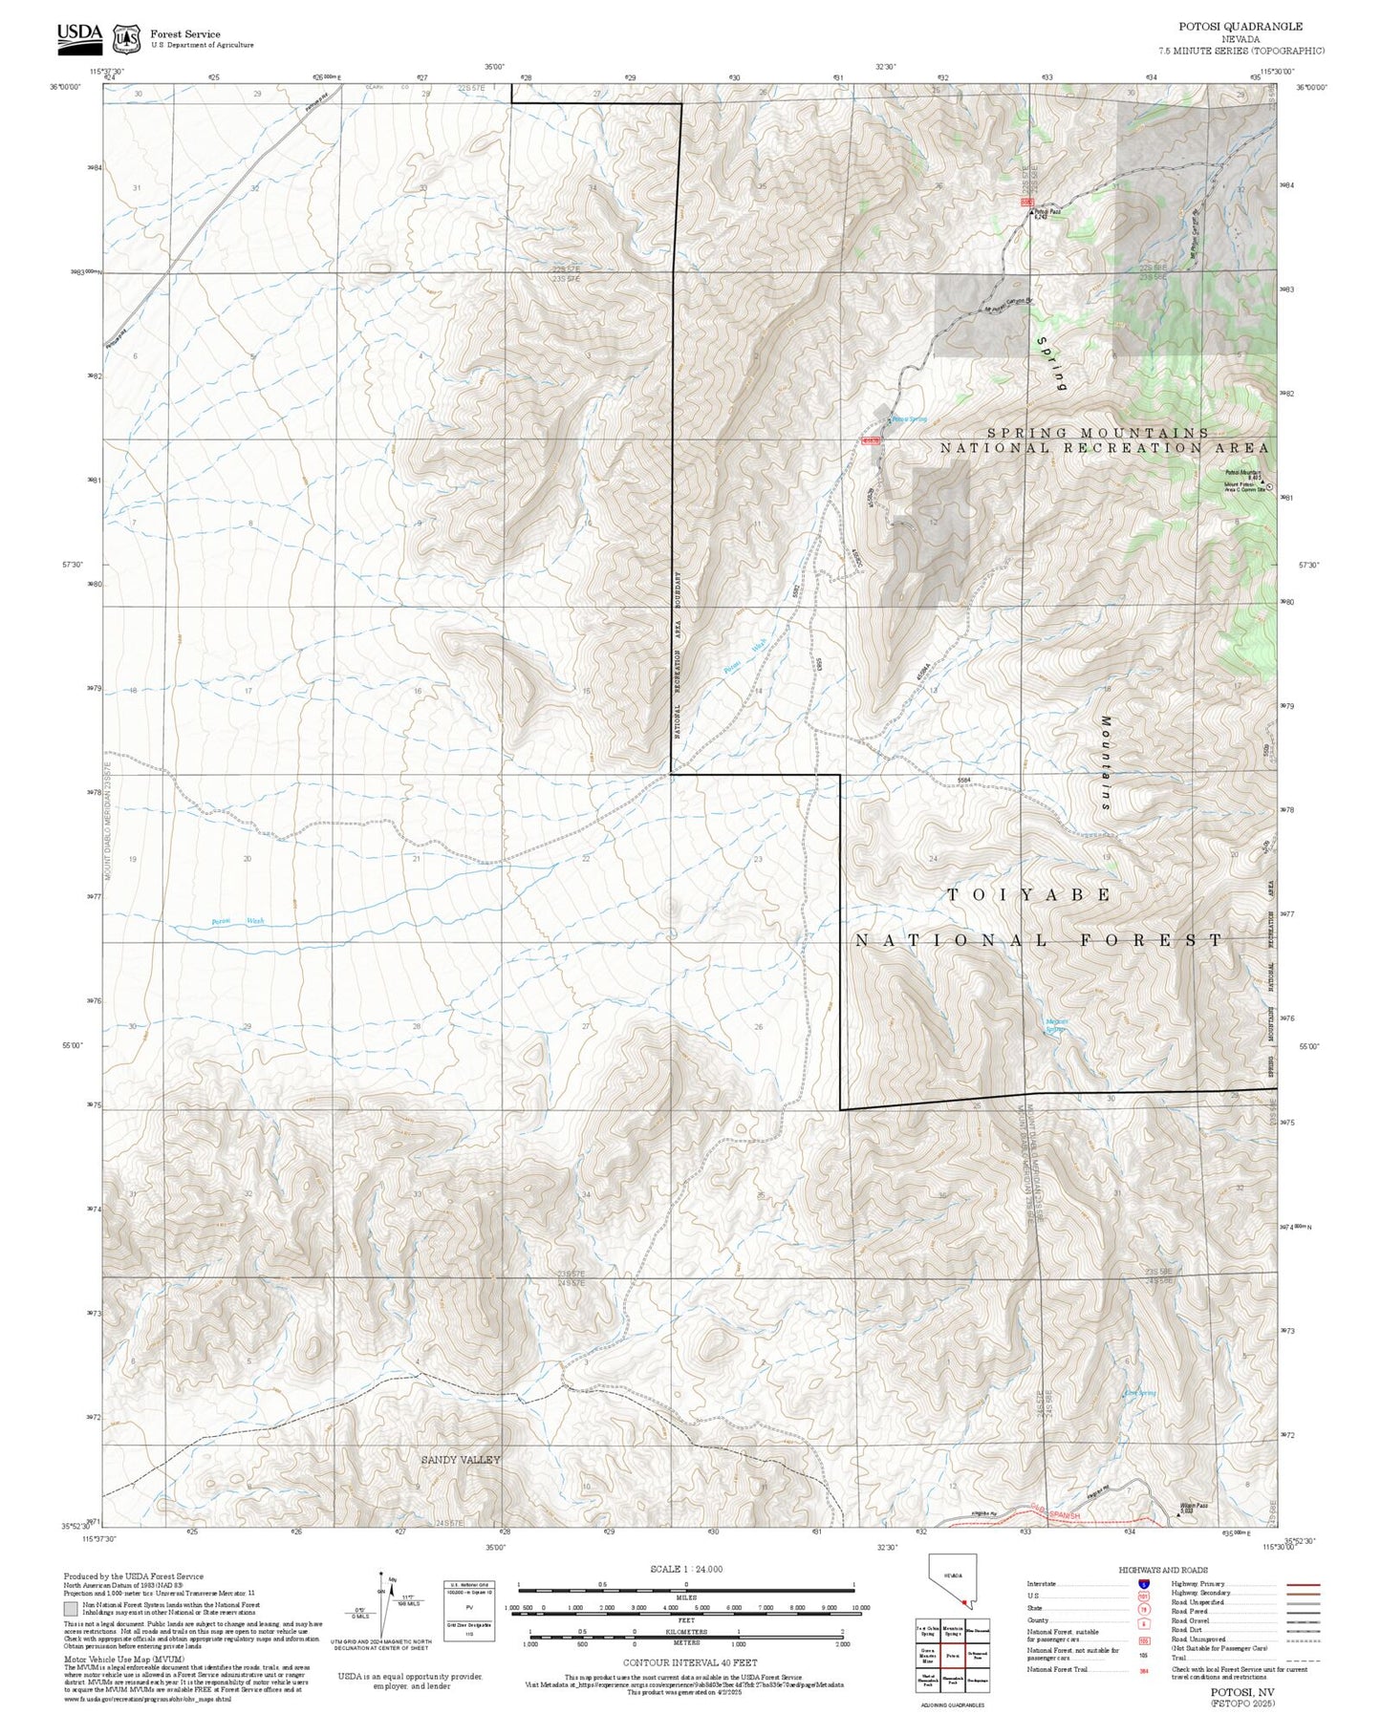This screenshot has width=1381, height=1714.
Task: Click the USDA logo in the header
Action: click(x=79, y=36)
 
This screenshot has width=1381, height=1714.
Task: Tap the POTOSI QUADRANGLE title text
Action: click(x=1240, y=27)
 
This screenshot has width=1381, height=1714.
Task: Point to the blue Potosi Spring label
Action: click(x=909, y=419)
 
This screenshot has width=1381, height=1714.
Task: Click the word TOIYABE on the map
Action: click(x=1028, y=894)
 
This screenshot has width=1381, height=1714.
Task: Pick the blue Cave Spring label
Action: click(x=1140, y=1393)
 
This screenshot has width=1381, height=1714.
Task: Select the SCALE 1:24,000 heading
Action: click(x=685, y=1569)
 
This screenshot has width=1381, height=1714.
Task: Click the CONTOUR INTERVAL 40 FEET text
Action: click(x=689, y=1663)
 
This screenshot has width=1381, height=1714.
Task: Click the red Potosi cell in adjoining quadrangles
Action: click(x=952, y=1656)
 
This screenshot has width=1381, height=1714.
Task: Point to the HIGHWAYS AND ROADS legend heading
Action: click(x=1163, y=1570)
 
